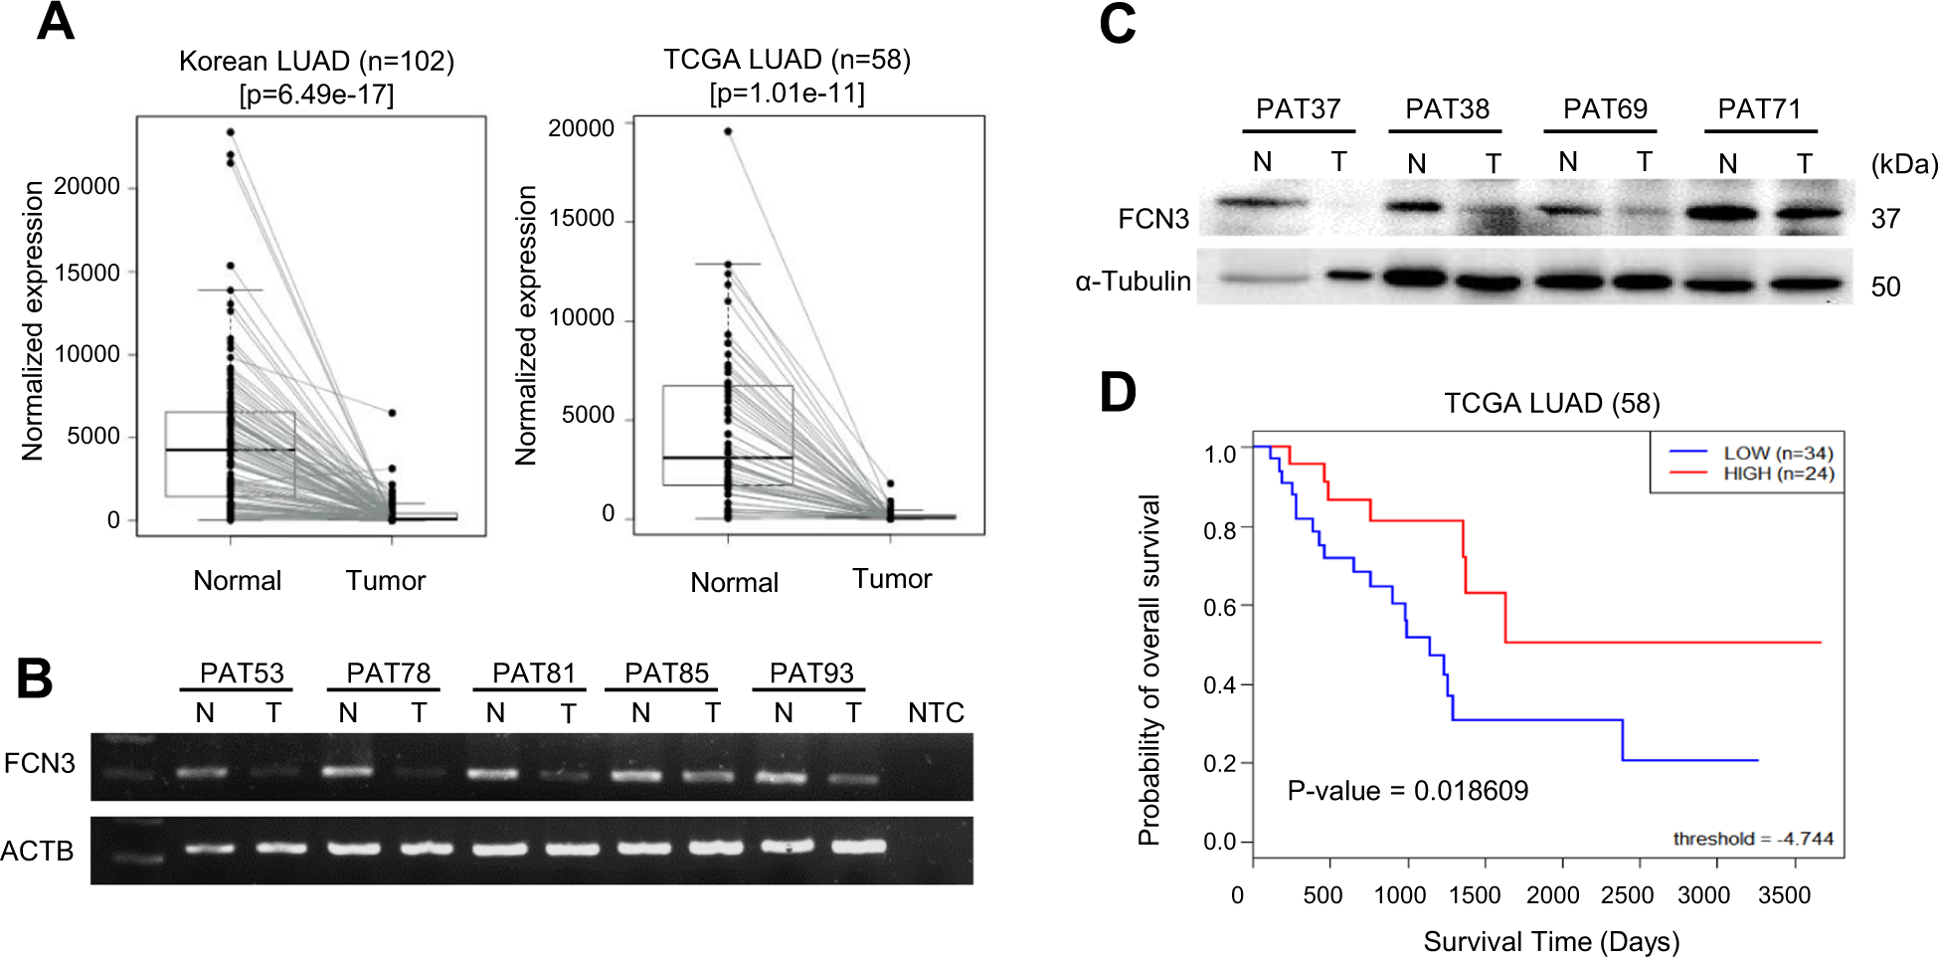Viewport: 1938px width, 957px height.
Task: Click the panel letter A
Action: click(56, 22)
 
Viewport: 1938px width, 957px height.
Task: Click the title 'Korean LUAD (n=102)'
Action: click(316, 62)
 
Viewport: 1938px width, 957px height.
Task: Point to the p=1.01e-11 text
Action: click(787, 94)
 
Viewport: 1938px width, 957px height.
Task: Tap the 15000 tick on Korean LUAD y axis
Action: click(88, 273)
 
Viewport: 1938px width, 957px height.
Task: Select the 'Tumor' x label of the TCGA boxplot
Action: click(892, 579)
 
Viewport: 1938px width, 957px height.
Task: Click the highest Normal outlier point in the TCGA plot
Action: click(728, 131)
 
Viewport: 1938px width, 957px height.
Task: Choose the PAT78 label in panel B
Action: click(388, 673)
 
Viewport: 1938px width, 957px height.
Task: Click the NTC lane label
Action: click(936, 713)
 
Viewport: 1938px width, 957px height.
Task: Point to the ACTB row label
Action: click(38, 852)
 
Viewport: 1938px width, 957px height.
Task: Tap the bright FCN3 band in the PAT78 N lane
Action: click(348, 771)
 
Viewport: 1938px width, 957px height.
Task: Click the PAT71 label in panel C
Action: click(1759, 108)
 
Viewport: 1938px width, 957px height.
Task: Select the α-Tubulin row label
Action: click(1133, 282)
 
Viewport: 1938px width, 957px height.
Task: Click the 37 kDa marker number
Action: click(1885, 219)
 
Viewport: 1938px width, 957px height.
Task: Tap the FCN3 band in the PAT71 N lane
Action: click(1727, 212)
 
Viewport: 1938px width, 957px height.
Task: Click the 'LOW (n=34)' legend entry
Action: click(1778, 453)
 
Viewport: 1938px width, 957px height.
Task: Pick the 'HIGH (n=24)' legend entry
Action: click(1778, 474)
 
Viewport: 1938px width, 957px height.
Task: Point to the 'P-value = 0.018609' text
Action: click(1407, 791)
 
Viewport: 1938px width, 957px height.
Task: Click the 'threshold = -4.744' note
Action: click(1752, 839)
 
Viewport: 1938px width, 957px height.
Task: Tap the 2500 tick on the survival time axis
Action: click(1627, 895)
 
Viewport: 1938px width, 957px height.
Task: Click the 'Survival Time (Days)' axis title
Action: click(1551, 941)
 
